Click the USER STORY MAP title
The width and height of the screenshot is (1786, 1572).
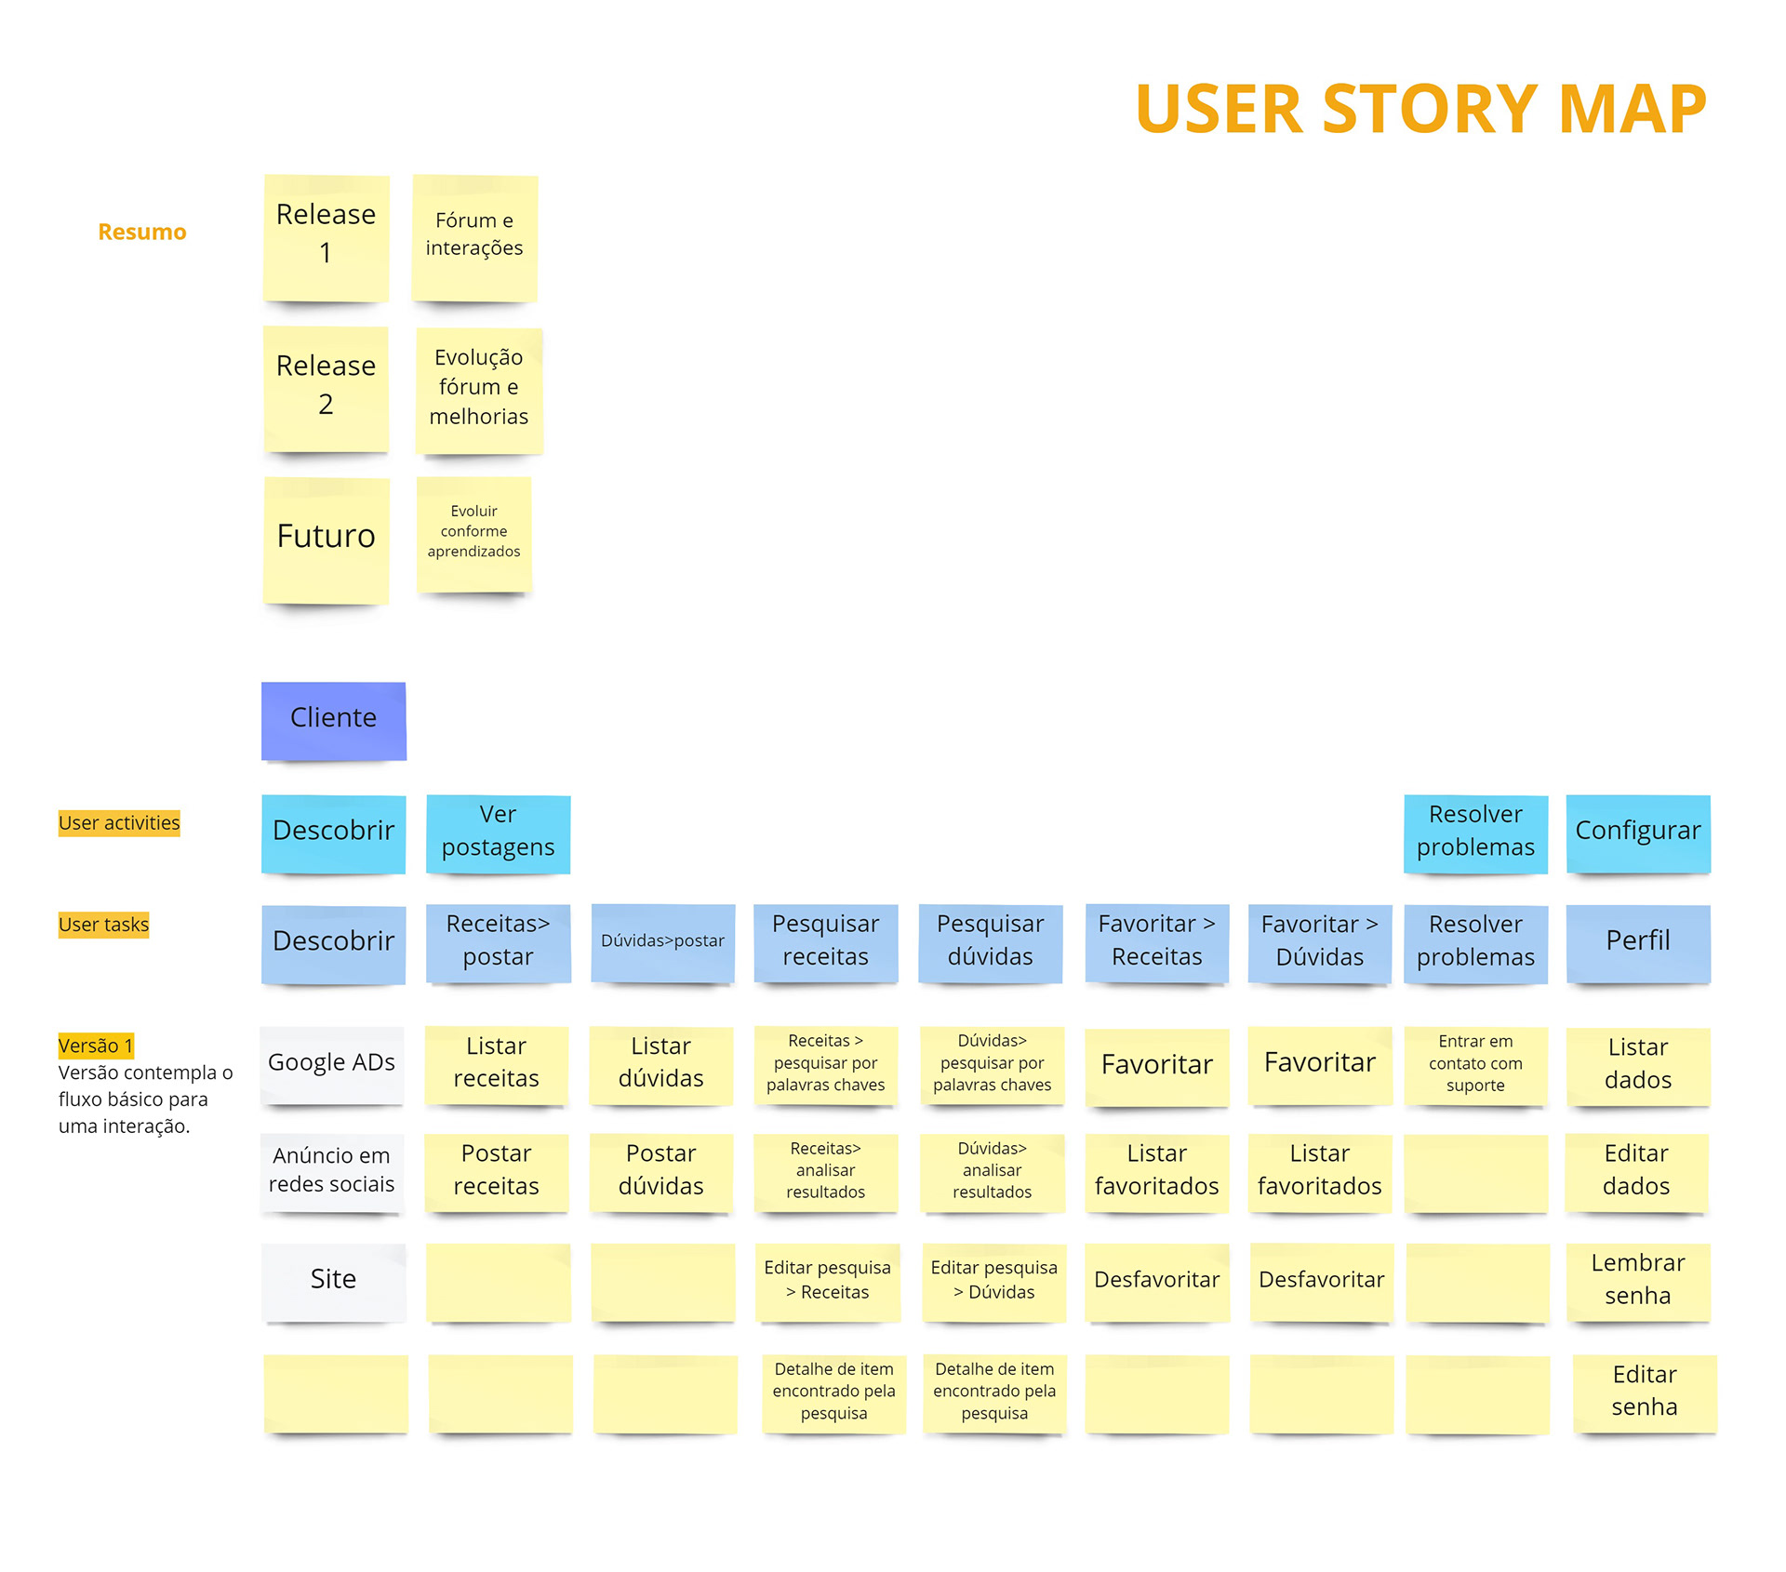coord(1420,109)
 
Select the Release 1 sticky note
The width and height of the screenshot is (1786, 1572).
coord(326,237)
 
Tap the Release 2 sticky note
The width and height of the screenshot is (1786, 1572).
coord(326,389)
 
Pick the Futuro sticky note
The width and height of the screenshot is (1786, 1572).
coord(326,540)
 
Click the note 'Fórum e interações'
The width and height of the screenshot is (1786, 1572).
coord(474,237)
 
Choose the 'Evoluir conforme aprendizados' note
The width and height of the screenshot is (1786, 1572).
coord(473,534)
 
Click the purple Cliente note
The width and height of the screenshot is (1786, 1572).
coord(333,721)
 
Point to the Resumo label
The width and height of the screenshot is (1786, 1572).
coord(142,232)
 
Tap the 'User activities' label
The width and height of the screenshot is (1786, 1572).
coord(119,823)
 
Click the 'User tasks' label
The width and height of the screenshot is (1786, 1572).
coord(103,925)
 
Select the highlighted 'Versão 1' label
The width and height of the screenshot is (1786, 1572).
coord(96,1046)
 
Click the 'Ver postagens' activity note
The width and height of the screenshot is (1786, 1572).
coord(498,833)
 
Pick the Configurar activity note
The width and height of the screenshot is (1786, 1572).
coord(1638,833)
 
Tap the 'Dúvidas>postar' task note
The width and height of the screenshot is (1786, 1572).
coord(662,943)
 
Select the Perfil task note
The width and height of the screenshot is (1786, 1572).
coord(1638,943)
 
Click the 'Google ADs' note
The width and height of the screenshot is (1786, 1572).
coord(332,1065)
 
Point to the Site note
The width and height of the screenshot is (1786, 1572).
coord(333,1282)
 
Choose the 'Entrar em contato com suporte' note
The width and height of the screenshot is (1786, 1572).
coord(1475,1065)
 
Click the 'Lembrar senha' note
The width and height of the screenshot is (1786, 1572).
coord(1638,1282)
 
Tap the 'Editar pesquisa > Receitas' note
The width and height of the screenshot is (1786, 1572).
coord(827,1282)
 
